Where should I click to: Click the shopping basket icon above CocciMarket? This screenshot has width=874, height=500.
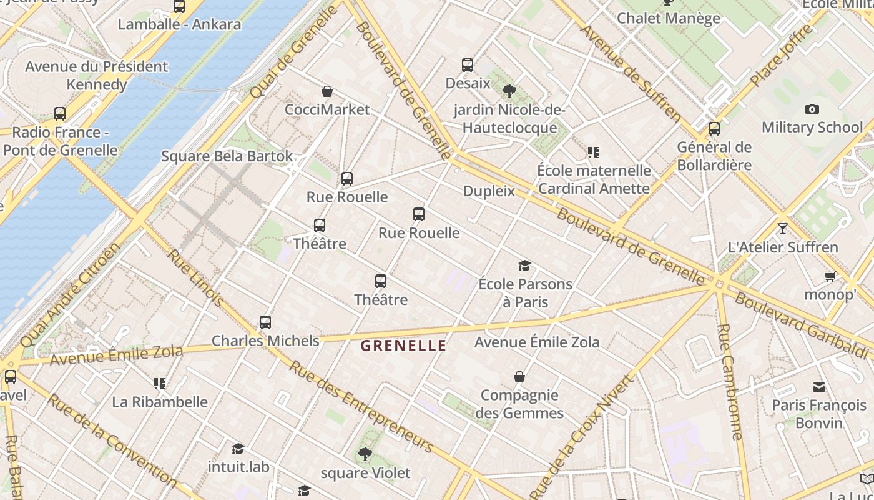(327, 92)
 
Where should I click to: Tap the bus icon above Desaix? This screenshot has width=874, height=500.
(467, 65)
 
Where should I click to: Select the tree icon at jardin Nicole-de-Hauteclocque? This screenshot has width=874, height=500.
(509, 91)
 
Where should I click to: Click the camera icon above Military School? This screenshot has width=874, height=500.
(812, 109)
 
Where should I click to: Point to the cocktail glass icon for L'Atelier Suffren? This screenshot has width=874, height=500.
(782, 228)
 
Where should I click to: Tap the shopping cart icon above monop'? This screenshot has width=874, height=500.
(830, 276)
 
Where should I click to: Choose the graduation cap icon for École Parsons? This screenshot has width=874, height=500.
(524, 266)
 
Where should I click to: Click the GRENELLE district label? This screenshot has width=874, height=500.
(404, 346)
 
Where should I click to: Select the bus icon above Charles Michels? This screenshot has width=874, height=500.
(265, 322)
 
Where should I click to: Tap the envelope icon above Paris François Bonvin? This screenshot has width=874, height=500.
(818, 387)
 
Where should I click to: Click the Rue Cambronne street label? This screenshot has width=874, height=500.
(729, 381)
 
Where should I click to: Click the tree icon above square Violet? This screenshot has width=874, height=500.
(365, 454)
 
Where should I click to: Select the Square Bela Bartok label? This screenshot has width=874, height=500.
(227, 156)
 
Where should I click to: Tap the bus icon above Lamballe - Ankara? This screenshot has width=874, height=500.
(179, 7)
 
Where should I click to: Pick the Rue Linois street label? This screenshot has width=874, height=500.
(195, 279)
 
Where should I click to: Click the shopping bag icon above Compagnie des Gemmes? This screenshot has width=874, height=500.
(519, 377)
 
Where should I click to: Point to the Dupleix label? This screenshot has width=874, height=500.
(489, 191)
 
